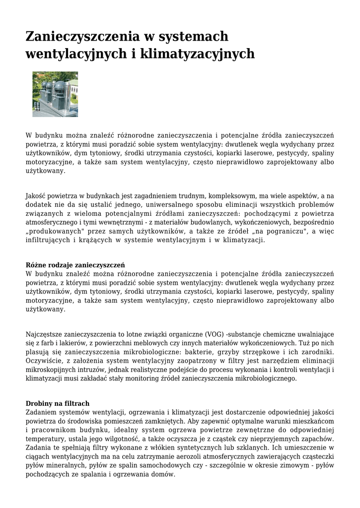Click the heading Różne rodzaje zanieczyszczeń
pos(75,265)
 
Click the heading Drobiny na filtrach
pos(58,403)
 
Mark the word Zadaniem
pos(41,412)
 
